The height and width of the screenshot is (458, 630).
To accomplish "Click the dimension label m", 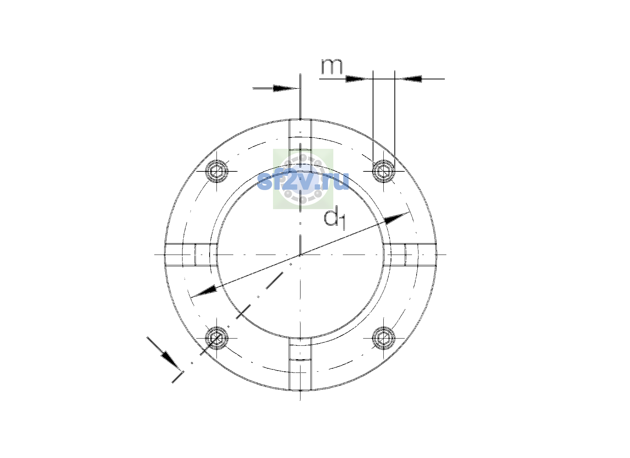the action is coord(332,66).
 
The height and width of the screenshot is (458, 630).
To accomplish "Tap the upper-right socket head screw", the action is coord(384,171).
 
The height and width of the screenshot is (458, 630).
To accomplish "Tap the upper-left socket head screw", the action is coord(216,171).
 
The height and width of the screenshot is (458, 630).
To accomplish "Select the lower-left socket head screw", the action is coord(216,338).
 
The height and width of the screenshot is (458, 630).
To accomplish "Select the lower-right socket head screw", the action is coord(384,338).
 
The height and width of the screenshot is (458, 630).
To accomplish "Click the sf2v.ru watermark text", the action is coord(303,181).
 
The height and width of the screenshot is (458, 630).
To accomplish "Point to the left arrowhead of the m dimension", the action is coord(357,79).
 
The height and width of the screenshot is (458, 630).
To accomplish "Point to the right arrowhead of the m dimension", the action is coord(410,79).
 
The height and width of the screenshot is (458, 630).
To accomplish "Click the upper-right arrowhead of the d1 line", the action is coord(396,218).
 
